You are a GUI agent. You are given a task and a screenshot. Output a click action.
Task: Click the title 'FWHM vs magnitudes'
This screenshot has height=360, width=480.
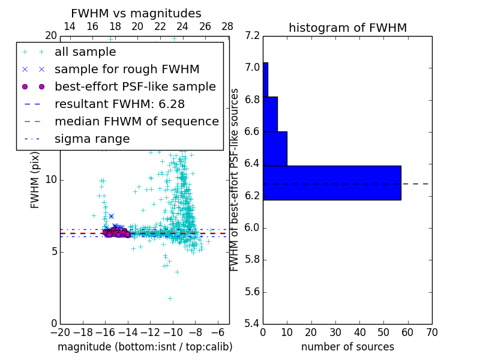click(136, 13)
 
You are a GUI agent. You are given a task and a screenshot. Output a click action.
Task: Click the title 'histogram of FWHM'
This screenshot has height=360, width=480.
click(347, 28)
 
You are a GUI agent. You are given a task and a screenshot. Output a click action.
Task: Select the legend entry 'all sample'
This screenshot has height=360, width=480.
click(85, 52)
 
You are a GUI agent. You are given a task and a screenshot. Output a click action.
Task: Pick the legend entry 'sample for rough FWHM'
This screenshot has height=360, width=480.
click(127, 70)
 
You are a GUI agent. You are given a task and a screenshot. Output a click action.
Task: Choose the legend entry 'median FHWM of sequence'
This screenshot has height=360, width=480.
click(136, 122)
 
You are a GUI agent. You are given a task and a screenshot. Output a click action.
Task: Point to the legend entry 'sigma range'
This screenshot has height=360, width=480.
click(92, 139)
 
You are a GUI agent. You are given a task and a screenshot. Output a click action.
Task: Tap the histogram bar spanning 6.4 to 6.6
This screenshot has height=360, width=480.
click(275, 148)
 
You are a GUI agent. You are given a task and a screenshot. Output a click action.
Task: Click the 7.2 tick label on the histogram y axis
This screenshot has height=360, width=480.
click(253, 35)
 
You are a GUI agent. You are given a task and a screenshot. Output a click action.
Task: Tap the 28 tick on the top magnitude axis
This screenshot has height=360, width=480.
click(227, 26)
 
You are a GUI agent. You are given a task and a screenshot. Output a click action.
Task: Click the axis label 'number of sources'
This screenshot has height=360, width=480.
click(347, 347)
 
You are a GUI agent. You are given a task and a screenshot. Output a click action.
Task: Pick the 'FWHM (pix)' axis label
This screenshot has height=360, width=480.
click(35, 180)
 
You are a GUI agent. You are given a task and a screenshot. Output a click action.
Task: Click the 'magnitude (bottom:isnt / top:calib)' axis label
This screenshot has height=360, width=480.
click(145, 347)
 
